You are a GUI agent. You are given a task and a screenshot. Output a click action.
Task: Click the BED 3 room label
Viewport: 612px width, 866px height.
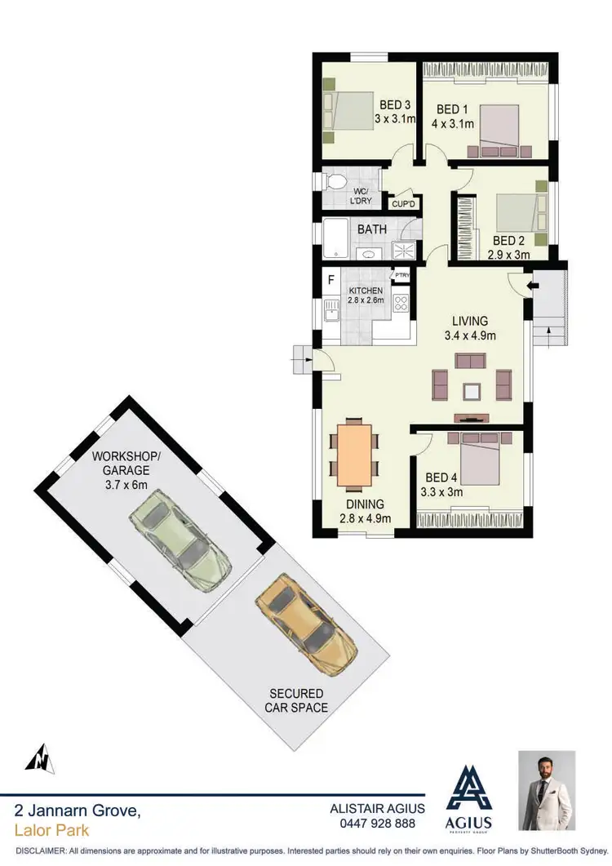click(395, 104)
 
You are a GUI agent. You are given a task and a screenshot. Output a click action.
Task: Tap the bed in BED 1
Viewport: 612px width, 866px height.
click(499, 130)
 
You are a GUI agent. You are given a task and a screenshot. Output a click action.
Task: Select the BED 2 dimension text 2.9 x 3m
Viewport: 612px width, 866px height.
click(509, 255)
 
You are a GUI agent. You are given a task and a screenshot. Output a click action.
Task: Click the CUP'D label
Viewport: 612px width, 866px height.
click(403, 205)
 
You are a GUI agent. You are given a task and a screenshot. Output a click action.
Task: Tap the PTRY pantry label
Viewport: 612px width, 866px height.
click(402, 276)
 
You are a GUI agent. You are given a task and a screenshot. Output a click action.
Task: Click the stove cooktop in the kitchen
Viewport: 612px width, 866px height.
click(401, 304)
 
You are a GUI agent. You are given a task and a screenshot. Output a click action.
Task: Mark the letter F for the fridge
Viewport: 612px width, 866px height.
click(330, 280)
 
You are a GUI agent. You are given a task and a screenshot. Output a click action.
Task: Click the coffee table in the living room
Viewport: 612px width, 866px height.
click(471, 391)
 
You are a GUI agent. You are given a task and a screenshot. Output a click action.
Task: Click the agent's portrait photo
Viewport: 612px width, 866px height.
click(547, 790)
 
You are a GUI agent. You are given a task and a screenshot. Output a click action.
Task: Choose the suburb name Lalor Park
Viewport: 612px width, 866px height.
click(51, 831)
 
